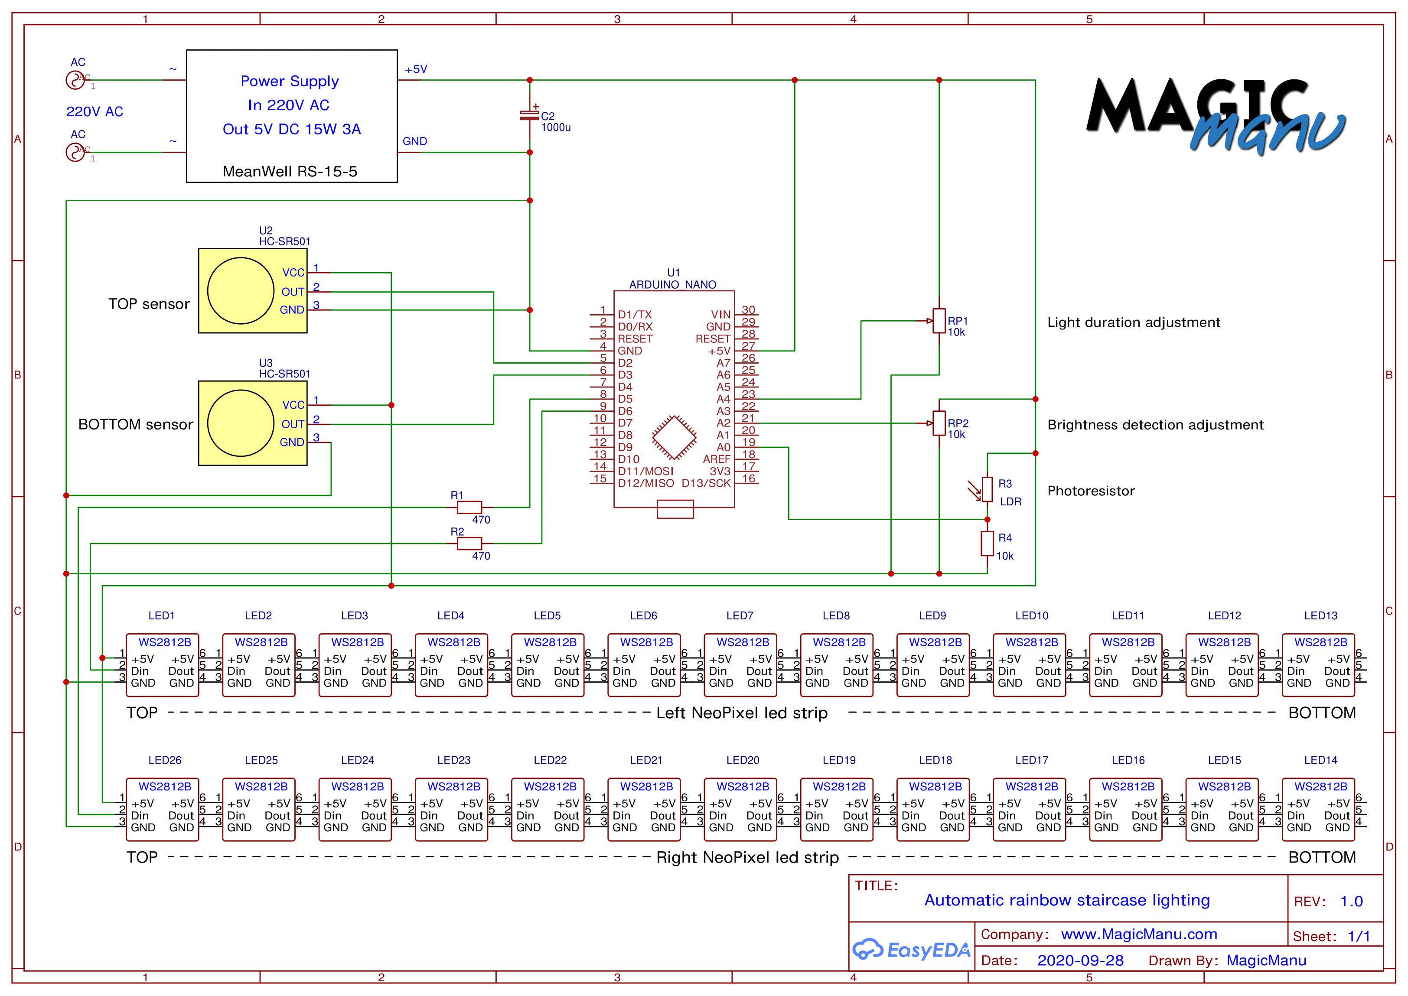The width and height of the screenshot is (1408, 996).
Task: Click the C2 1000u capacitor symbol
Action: click(529, 115)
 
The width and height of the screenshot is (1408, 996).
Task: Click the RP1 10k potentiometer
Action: click(939, 321)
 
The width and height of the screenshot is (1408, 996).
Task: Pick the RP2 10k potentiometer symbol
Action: click(939, 423)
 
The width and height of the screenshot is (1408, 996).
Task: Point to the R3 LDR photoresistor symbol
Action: click(987, 489)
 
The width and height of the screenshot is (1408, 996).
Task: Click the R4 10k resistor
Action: click(987, 544)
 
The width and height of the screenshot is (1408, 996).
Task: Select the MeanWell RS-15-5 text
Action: click(290, 171)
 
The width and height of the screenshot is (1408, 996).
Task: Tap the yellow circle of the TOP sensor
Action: click(241, 291)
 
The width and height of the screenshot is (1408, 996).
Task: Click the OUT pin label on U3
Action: click(293, 424)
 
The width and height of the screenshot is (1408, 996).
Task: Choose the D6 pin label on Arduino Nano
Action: click(625, 411)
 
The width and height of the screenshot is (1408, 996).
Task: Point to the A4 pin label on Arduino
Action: click(724, 399)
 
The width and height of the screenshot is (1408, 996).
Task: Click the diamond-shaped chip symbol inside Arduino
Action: click(674, 438)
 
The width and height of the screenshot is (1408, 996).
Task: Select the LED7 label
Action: click(740, 615)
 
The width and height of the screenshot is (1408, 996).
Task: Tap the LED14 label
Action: click(1320, 760)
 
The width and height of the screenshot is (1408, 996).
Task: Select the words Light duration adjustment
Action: click(1133, 322)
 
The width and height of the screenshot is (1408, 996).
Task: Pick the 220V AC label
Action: click(95, 112)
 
